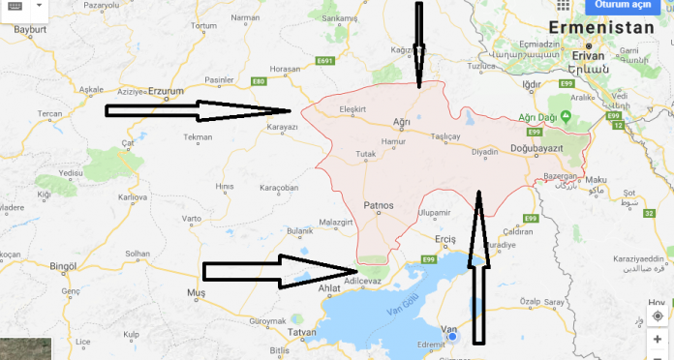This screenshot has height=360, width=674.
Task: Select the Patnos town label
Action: coord(379,205)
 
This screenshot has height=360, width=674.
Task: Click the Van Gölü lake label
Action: coord(400,285)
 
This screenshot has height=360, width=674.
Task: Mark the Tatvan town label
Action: coord(302,333)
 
